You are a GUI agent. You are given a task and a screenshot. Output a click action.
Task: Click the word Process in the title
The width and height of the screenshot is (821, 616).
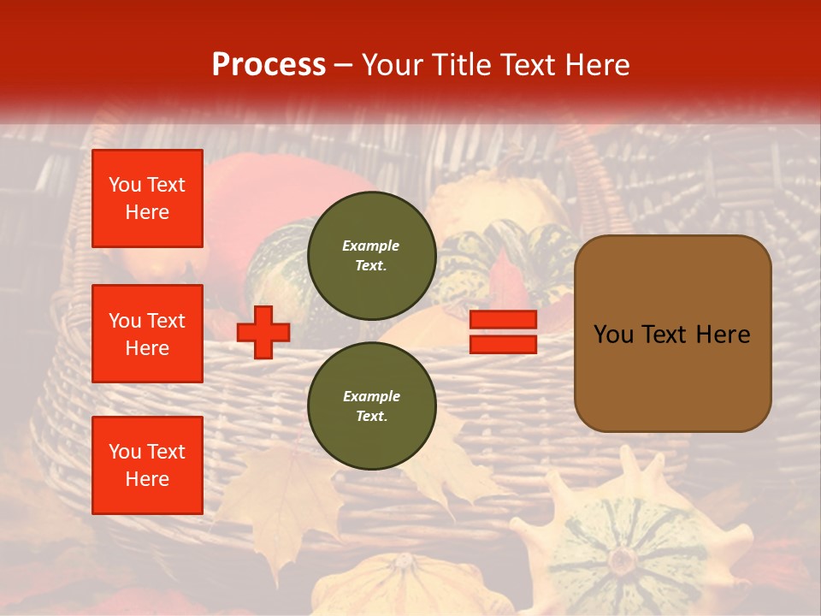coord(269,65)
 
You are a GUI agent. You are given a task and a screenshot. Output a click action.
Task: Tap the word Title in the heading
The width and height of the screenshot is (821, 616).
coord(464,65)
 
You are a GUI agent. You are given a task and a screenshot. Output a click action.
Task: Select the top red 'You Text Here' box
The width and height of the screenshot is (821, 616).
coord(147,198)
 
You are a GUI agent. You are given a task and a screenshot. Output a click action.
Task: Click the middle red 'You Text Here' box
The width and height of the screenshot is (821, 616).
coord(147,334)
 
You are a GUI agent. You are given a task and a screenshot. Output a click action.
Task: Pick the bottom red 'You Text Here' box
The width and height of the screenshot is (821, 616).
coord(147,465)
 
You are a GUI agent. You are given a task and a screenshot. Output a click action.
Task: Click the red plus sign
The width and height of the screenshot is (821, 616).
coord(263,332)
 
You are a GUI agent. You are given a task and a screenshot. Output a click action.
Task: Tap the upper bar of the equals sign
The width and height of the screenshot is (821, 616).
coord(503,320)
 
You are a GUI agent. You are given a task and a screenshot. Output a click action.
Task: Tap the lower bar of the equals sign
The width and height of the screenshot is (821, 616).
coord(503,344)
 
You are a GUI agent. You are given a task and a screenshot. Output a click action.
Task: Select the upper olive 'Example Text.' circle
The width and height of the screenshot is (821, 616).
coord(372,256)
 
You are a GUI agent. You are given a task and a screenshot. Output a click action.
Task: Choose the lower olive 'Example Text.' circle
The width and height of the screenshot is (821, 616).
coord(372,406)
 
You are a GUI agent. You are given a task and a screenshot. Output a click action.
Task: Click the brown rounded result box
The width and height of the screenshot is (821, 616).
coord(672,334)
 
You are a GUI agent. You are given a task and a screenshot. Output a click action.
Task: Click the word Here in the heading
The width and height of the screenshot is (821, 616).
coord(598,65)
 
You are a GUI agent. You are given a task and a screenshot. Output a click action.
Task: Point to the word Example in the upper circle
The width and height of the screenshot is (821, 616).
coord(371,246)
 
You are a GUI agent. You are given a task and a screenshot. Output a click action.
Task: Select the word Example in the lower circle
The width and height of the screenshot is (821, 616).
coord(371,396)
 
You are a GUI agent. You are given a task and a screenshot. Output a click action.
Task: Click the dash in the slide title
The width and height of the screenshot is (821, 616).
coord(343,65)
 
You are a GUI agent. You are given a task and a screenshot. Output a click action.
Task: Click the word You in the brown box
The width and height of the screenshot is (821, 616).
coord(613,335)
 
